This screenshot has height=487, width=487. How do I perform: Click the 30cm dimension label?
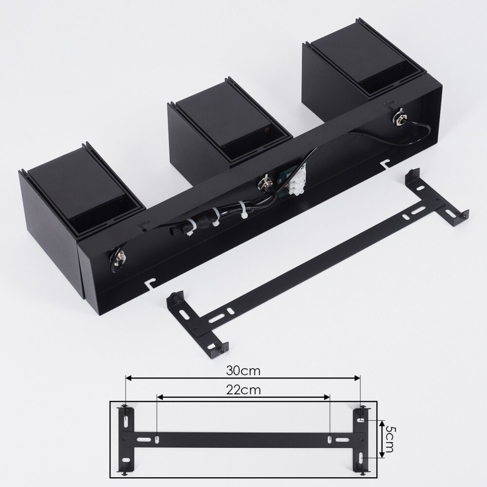pyautogui.click(x=243, y=371)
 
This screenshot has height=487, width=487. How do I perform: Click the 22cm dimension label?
pyautogui.click(x=243, y=390)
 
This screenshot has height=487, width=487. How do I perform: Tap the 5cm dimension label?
pyautogui.click(x=390, y=439)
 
